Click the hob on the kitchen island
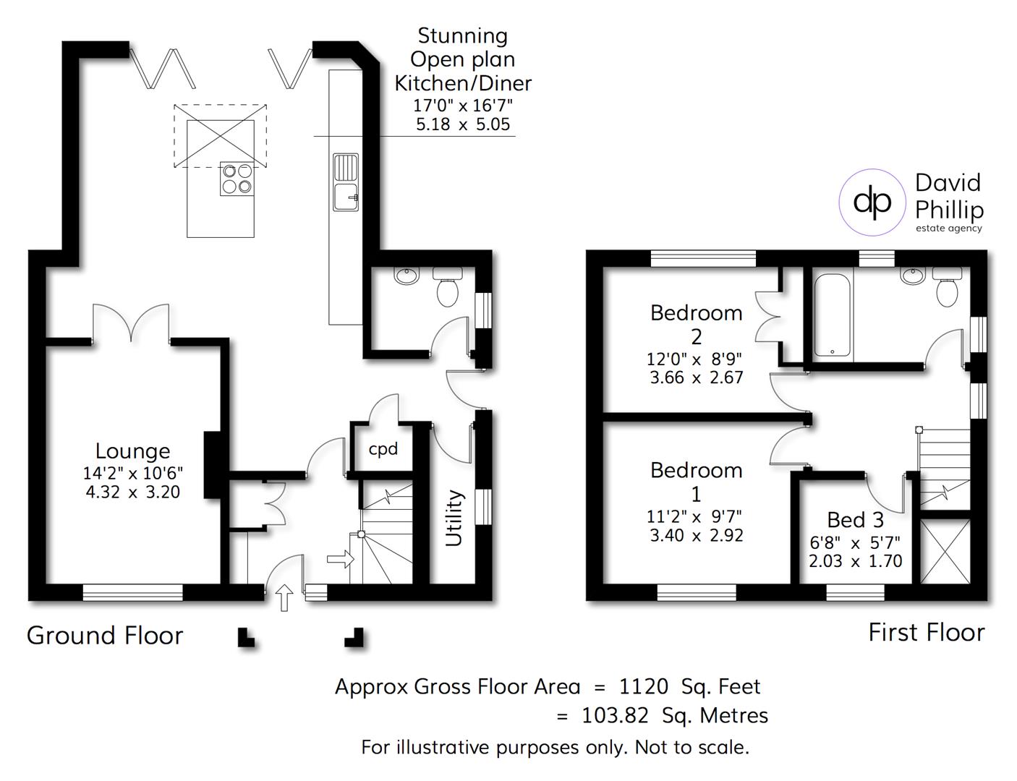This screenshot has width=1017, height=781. (238, 178)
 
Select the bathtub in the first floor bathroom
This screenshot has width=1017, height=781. (833, 315)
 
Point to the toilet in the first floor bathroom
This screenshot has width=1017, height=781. (947, 287)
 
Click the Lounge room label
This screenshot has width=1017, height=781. (132, 451)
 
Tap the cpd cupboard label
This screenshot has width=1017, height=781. (383, 449)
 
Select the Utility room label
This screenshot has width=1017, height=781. (454, 518)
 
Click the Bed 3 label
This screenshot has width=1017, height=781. (855, 520)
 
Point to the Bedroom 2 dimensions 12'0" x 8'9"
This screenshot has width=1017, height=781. (694, 359)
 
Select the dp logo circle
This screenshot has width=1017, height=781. (872, 202)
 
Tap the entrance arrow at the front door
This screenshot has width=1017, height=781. (284, 597)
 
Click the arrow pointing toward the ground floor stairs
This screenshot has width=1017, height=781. (340, 559)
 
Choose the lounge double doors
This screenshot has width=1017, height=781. (131, 322)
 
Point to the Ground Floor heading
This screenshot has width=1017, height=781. (105, 636)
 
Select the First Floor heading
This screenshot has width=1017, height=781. (926, 633)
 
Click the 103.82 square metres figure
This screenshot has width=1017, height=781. (617, 716)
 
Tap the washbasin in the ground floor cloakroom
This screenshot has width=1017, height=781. (407, 276)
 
